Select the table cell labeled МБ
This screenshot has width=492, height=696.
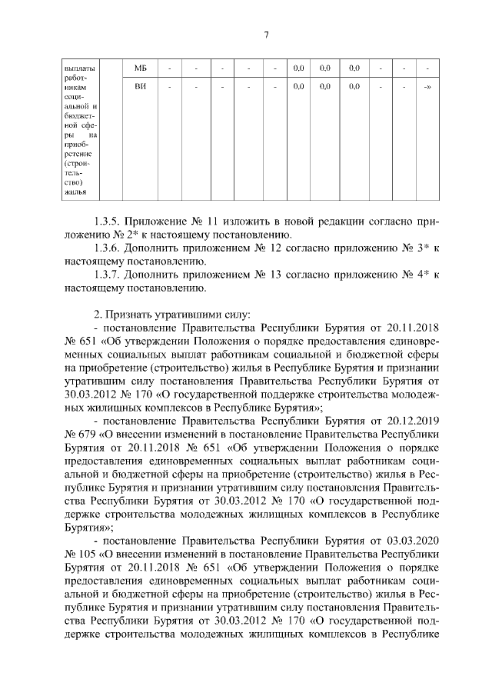point(140,68)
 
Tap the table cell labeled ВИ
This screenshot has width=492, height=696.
point(140,87)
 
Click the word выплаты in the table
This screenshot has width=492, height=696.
point(78,68)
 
